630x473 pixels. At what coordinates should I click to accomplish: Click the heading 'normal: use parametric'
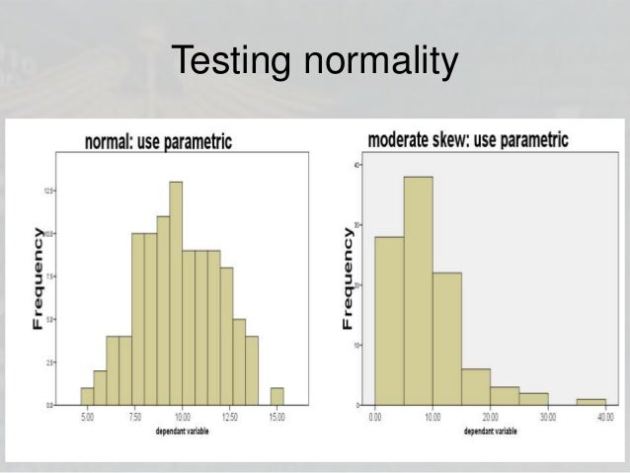click(x=158, y=142)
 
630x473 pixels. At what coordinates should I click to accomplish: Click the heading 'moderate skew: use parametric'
click(x=467, y=139)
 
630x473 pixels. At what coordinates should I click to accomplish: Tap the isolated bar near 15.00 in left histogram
click(x=277, y=396)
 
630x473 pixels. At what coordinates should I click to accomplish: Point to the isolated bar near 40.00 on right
click(x=591, y=402)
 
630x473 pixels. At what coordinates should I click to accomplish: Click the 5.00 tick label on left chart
click(x=87, y=418)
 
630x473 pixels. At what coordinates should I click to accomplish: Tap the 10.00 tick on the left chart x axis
click(x=183, y=418)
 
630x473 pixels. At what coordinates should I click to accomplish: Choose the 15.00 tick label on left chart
click(x=277, y=418)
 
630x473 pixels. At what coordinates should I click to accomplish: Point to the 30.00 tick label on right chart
click(x=548, y=418)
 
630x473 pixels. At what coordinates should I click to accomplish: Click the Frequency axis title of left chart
click(x=38, y=281)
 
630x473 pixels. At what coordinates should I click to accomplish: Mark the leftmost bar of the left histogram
click(x=87, y=396)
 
